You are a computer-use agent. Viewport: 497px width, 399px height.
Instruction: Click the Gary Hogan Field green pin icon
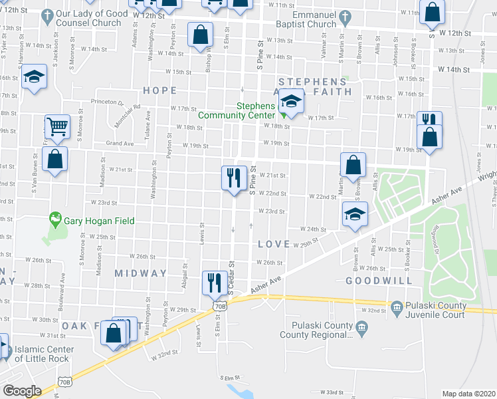pyautogui.click(x=54, y=219)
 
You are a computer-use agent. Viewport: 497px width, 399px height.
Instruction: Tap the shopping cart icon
pyautogui.click(x=58, y=125)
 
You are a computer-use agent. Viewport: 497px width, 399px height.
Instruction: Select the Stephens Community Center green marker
pyautogui.click(x=284, y=113)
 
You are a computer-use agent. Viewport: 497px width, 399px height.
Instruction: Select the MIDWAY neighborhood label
pyautogui.click(x=140, y=273)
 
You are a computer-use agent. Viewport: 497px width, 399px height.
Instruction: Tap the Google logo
pyautogui.click(x=22, y=391)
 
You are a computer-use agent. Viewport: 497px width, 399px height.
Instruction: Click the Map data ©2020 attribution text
pyautogui.click(x=468, y=394)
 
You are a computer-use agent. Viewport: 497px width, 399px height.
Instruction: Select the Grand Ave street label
pyautogui.click(x=120, y=143)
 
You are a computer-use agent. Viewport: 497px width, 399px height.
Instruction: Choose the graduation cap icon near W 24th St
pyautogui.click(x=355, y=214)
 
